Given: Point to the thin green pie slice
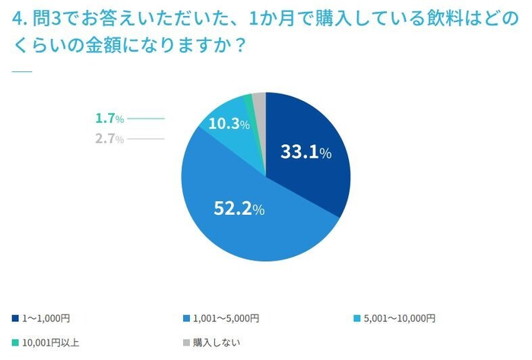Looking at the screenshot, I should pos(249,101).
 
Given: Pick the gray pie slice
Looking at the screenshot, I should pos(259,99).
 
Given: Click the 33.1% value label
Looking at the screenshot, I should pos(306,152).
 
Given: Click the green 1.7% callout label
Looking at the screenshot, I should pos(109,118).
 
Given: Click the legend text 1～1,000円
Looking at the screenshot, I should pos(47,318).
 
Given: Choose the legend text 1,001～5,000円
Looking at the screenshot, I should pos(226,318).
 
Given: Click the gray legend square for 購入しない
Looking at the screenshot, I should pos(186,343).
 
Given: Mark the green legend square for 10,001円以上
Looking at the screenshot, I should pos(15,343).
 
